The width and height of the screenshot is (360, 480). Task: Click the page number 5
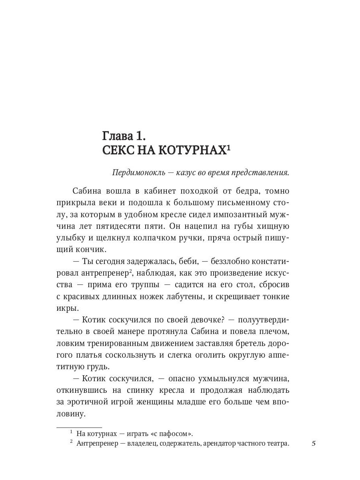pyautogui.click(x=314, y=443)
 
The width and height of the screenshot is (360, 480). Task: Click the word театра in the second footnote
pyautogui.click(x=276, y=444)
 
